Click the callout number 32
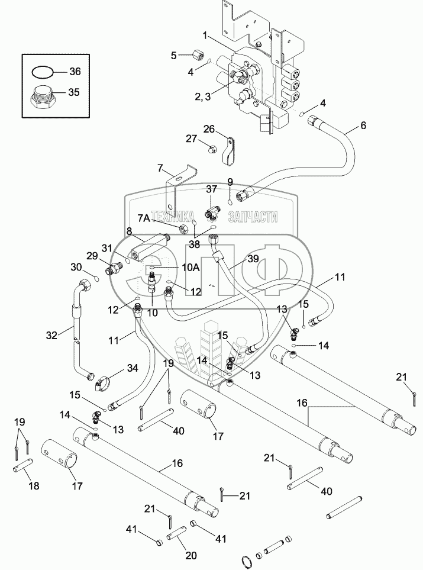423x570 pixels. [x=52, y=335]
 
